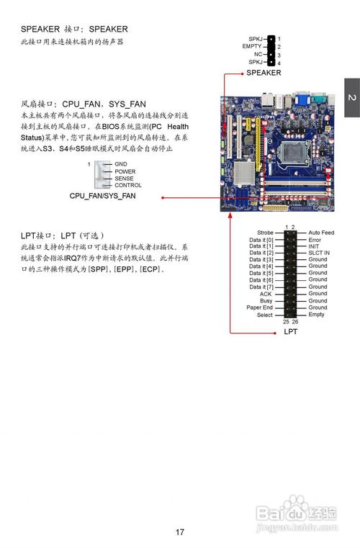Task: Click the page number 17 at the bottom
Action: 180,532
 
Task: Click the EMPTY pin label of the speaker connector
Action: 251,46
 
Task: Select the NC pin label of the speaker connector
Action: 257,55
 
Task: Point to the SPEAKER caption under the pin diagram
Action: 264,73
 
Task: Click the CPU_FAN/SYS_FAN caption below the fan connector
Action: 102,196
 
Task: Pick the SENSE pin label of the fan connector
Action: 124,179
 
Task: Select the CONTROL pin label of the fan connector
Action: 127,185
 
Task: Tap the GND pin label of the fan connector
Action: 120,164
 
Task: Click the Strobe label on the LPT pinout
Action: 265,233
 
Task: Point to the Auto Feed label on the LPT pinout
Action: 321,233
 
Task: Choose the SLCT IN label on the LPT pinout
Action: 319,253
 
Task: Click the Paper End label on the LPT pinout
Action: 260,307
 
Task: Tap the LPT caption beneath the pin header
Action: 290,332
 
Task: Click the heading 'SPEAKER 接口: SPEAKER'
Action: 74,29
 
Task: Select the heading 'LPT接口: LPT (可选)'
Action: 63,235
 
